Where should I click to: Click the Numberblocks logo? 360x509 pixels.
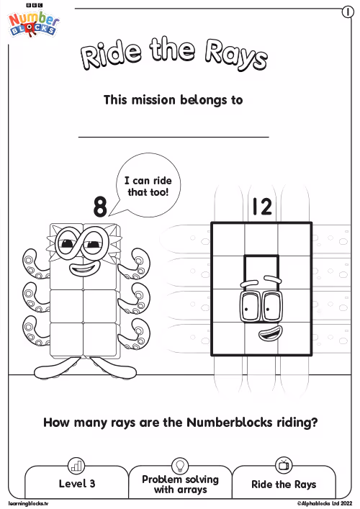[x=33, y=22]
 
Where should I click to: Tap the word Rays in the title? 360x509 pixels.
[x=236, y=55]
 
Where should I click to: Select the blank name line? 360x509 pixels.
[x=174, y=137]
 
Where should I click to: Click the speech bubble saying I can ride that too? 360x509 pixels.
[x=148, y=185]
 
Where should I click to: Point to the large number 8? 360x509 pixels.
[x=100, y=207]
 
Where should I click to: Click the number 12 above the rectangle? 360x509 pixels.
[x=262, y=207]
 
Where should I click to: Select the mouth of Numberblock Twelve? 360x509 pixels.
[x=271, y=334]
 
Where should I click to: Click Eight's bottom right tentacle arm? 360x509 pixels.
[x=135, y=334]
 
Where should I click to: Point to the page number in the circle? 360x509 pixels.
[x=348, y=12]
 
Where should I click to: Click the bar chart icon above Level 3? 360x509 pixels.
[x=76, y=466]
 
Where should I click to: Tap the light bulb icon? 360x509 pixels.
[x=180, y=466]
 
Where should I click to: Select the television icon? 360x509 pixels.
[x=284, y=465]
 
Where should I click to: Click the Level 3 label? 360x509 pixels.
[x=77, y=484]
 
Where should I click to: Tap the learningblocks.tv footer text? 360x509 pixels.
[x=28, y=503]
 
